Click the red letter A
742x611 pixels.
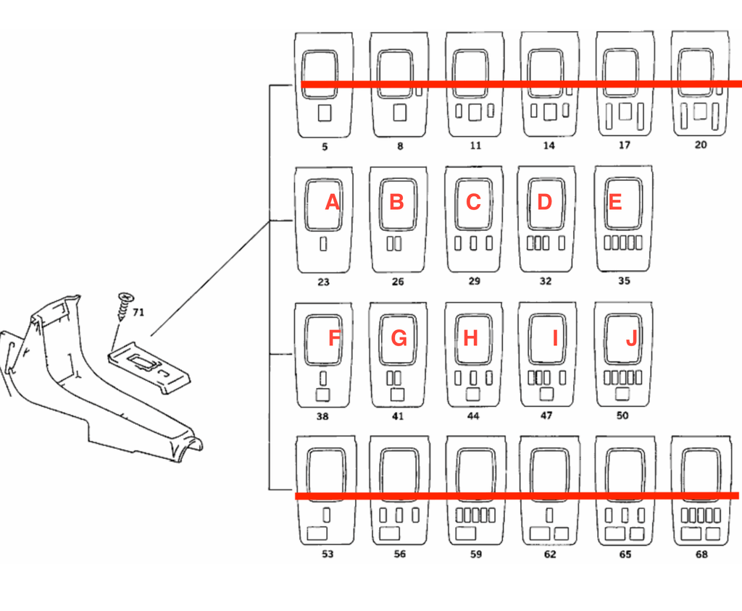pyautogui.click(x=332, y=203)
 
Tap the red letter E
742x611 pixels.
pyautogui.click(x=614, y=202)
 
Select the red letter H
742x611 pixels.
pyautogui.click(x=470, y=338)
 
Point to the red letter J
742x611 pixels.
pyautogui.click(x=631, y=338)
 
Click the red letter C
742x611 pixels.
pyautogui.click(x=473, y=202)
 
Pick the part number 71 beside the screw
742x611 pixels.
pyautogui.click(x=138, y=312)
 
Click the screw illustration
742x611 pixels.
pyautogui.click(x=125, y=306)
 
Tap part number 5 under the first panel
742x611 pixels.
pyautogui.click(x=325, y=147)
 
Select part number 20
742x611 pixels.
pyautogui.click(x=701, y=145)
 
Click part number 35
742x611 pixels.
pyautogui.click(x=624, y=281)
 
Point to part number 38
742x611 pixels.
pyautogui.click(x=322, y=417)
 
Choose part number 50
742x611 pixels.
pyautogui.click(x=622, y=416)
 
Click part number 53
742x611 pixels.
pyautogui.click(x=328, y=555)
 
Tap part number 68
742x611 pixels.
pyautogui.click(x=701, y=555)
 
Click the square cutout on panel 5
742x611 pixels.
pyautogui.click(x=324, y=113)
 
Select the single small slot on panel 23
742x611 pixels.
pyautogui.click(x=323, y=243)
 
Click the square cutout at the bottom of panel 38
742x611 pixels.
pyautogui.click(x=322, y=395)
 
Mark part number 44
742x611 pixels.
pyautogui.click(x=472, y=416)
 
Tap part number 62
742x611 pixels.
pyautogui.click(x=549, y=555)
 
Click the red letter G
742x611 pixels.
pyautogui.click(x=399, y=338)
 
